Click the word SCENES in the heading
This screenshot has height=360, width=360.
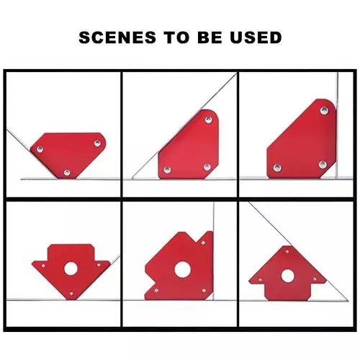coord(117,37)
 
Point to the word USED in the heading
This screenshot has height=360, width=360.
coord(256,37)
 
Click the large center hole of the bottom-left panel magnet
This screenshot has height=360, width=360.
coord(71,269)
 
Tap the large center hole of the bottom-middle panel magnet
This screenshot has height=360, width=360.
coord(182,269)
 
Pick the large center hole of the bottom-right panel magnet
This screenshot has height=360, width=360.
coord(287,276)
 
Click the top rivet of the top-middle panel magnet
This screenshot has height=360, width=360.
coord(209,120)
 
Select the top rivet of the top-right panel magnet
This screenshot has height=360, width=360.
coord(324,111)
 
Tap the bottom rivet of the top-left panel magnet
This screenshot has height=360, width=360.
coord(67,172)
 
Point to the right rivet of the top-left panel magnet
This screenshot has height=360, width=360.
coord(97,143)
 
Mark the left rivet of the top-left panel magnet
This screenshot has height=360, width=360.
coord(40,150)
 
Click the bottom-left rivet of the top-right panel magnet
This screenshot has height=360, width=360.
coord(277,168)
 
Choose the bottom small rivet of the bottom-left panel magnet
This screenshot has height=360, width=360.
coord(71,294)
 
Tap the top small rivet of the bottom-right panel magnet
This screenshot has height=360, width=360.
coord(287,251)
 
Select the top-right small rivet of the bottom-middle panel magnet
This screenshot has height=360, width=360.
coord(203,243)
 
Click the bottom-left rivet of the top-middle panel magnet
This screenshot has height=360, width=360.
coord(167,170)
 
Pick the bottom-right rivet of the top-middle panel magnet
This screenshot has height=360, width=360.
coord(207,167)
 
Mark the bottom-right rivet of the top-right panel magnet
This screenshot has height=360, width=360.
coord(323,165)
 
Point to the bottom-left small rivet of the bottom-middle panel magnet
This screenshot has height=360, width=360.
coord(156,291)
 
